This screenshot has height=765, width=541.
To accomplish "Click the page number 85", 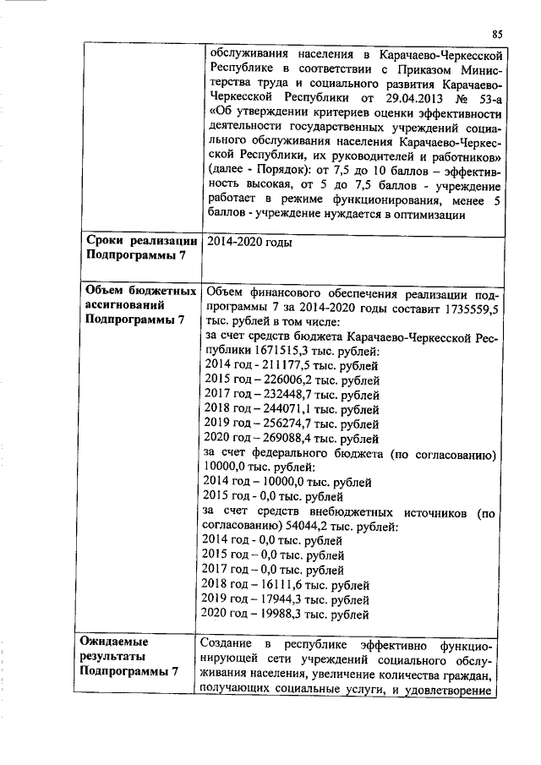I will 497,33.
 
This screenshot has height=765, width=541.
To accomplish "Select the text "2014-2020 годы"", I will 249,243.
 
